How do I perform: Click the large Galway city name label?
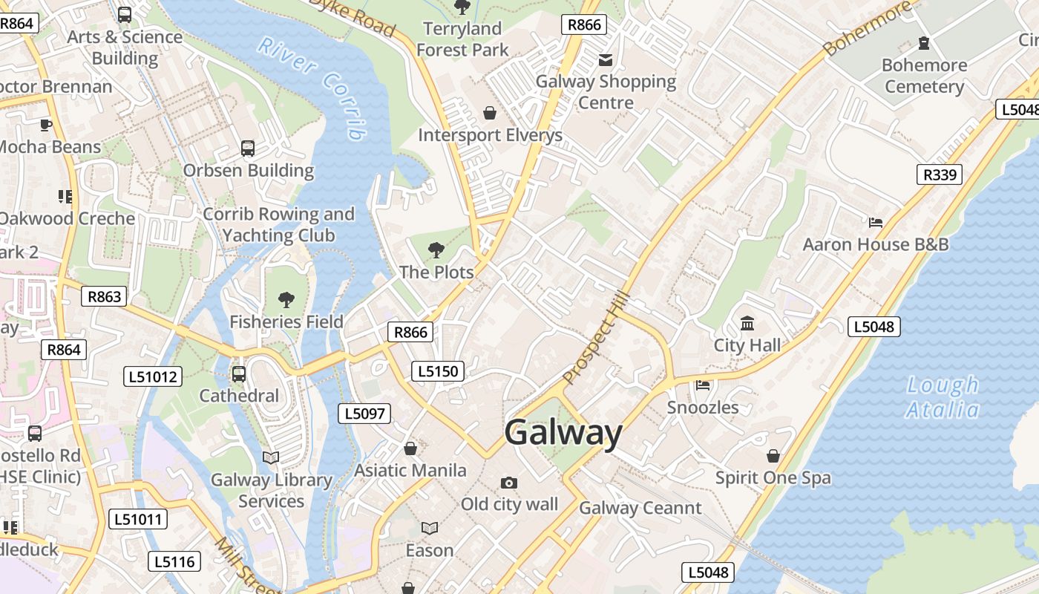tap(563, 433)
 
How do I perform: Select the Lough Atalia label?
tap(943, 397)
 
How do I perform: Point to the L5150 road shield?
tap(438, 371)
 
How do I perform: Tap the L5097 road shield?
tap(364, 414)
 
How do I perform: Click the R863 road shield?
tap(104, 297)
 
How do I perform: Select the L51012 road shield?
tap(153, 376)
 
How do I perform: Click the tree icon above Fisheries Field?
tap(286, 300)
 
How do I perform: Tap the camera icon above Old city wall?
tap(508, 483)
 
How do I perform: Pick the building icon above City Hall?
tap(747, 324)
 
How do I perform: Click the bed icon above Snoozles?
tap(703, 385)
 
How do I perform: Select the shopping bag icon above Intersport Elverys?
tap(490, 113)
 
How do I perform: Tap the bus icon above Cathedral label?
tap(239, 373)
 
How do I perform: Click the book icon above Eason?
tap(430, 528)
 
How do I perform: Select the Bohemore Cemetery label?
tap(924, 76)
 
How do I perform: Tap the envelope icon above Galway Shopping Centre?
tap(606, 59)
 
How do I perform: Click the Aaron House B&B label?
tap(876, 244)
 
